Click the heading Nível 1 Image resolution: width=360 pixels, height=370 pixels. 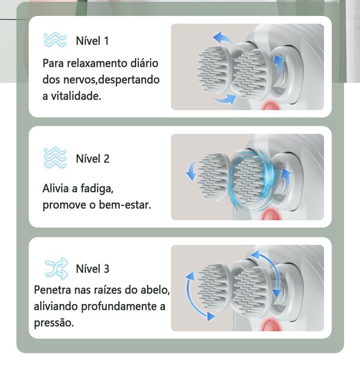click(x=92, y=41)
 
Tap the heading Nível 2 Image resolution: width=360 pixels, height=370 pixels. click(x=93, y=158)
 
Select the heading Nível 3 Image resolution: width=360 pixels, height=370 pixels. click(x=93, y=269)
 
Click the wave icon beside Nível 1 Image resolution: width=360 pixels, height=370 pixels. click(x=55, y=40)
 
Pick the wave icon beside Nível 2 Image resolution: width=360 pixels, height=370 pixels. click(x=55, y=157)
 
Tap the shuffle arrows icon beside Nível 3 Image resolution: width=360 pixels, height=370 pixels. click(x=57, y=269)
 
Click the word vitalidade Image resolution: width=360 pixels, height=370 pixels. click(x=76, y=96)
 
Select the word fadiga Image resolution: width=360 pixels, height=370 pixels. click(x=97, y=188)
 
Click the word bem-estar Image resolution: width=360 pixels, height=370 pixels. click(x=125, y=205)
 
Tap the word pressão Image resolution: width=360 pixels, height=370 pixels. click(x=54, y=323)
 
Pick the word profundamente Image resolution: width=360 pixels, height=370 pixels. click(x=119, y=307)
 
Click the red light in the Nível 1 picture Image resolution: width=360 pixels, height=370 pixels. click(x=272, y=106)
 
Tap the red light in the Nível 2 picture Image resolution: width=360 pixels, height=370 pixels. click(x=271, y=215)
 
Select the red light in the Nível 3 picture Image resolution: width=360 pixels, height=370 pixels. click(x=272, y=325)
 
